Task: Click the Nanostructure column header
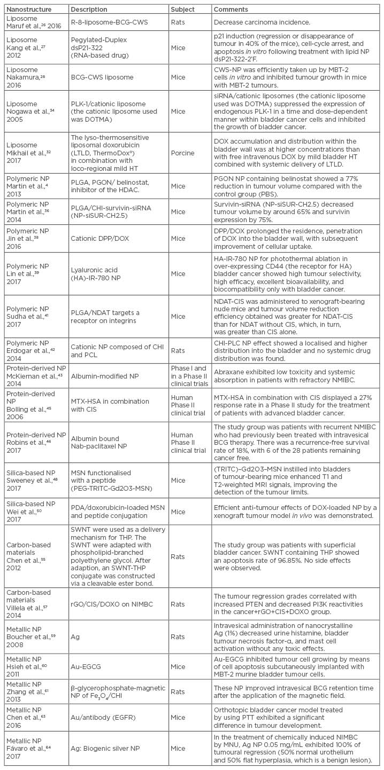click(x=26, y=10)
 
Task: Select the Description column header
click(x=88, y=10)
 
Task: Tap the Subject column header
click(x=183, y=10)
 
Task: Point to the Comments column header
click(x=231, y=10)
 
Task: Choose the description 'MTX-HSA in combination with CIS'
click(x=112, y=405)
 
